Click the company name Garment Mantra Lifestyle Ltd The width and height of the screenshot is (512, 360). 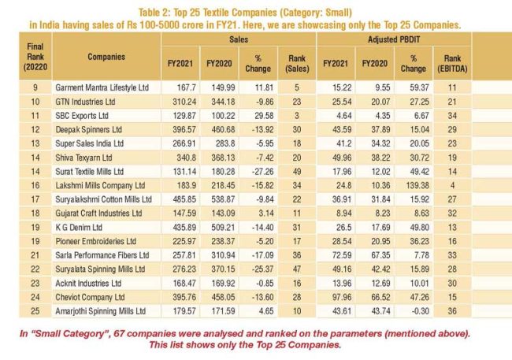(102, 87)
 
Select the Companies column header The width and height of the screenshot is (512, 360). (106, 57)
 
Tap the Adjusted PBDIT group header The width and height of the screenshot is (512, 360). (394, 39)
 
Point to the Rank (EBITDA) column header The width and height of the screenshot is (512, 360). (452, 63)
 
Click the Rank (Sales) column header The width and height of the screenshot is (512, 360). (297, 63)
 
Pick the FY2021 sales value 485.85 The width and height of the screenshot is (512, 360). (184, 199)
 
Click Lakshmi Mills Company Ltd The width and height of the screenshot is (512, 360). (100, 185)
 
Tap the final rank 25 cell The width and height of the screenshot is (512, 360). (35, 311)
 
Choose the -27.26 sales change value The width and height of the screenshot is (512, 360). (262, 172)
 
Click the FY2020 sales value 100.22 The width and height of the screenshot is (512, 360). (223, 116)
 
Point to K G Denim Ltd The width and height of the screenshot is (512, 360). (79, 227)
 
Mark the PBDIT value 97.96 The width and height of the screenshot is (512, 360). (342, 297)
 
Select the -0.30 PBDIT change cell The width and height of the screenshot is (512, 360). (421, 311)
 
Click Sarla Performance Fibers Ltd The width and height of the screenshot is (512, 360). (102, 255)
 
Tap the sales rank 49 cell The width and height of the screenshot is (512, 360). (297, 172)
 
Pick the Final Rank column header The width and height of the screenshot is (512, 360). (35, 57)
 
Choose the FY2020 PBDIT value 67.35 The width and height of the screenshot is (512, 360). (380, 255)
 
